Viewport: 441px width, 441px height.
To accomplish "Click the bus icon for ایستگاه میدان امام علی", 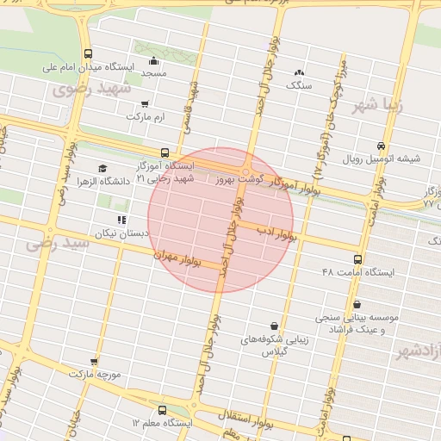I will point(89,54).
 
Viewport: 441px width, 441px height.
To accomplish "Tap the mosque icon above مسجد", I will point(153,61).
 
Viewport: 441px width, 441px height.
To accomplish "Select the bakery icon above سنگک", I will point(298,73).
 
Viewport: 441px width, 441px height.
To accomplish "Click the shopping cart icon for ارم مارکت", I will point(144,103).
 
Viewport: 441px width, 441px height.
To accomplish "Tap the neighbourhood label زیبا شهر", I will point(377,107).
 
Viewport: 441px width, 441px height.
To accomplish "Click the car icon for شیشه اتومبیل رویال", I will point(381,146).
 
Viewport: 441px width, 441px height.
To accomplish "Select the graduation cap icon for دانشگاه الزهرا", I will point(102,169).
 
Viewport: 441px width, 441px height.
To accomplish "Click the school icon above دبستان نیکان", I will point(121,220).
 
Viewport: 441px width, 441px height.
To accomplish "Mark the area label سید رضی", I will point(58,245).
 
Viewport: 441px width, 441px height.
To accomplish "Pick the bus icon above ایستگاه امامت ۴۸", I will point(357,259).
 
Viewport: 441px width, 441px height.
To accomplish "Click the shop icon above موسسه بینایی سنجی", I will point(357,304).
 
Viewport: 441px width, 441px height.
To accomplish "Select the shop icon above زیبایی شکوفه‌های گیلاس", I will point(274,326).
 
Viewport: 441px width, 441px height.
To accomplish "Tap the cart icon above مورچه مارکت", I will point(94,362).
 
